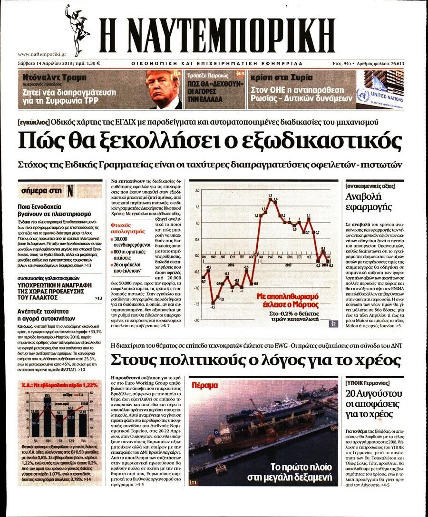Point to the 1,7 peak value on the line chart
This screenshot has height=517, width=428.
(270, 196)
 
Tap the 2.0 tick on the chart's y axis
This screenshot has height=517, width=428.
(197, 190)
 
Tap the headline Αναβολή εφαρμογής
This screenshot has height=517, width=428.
(368, 202)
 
